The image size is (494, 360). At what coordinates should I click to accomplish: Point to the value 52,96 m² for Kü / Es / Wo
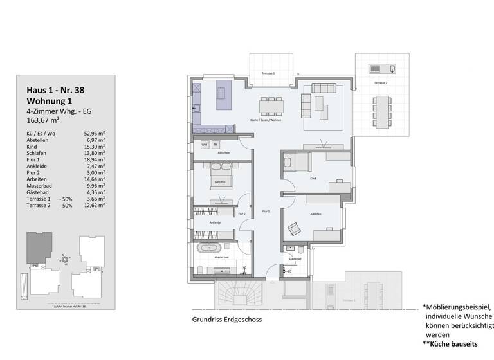click(95, 134)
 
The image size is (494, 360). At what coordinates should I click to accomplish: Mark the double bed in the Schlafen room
click(220, 176)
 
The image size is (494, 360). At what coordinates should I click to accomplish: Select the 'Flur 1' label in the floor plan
click(266, 211)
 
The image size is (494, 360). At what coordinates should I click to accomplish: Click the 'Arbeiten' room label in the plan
click(315, 214)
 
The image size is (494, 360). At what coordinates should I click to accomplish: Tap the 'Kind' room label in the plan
click(313, 179)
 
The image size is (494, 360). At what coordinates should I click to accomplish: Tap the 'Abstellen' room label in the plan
click(224, 153)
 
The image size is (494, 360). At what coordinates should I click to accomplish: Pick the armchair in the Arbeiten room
click(294, 228)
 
